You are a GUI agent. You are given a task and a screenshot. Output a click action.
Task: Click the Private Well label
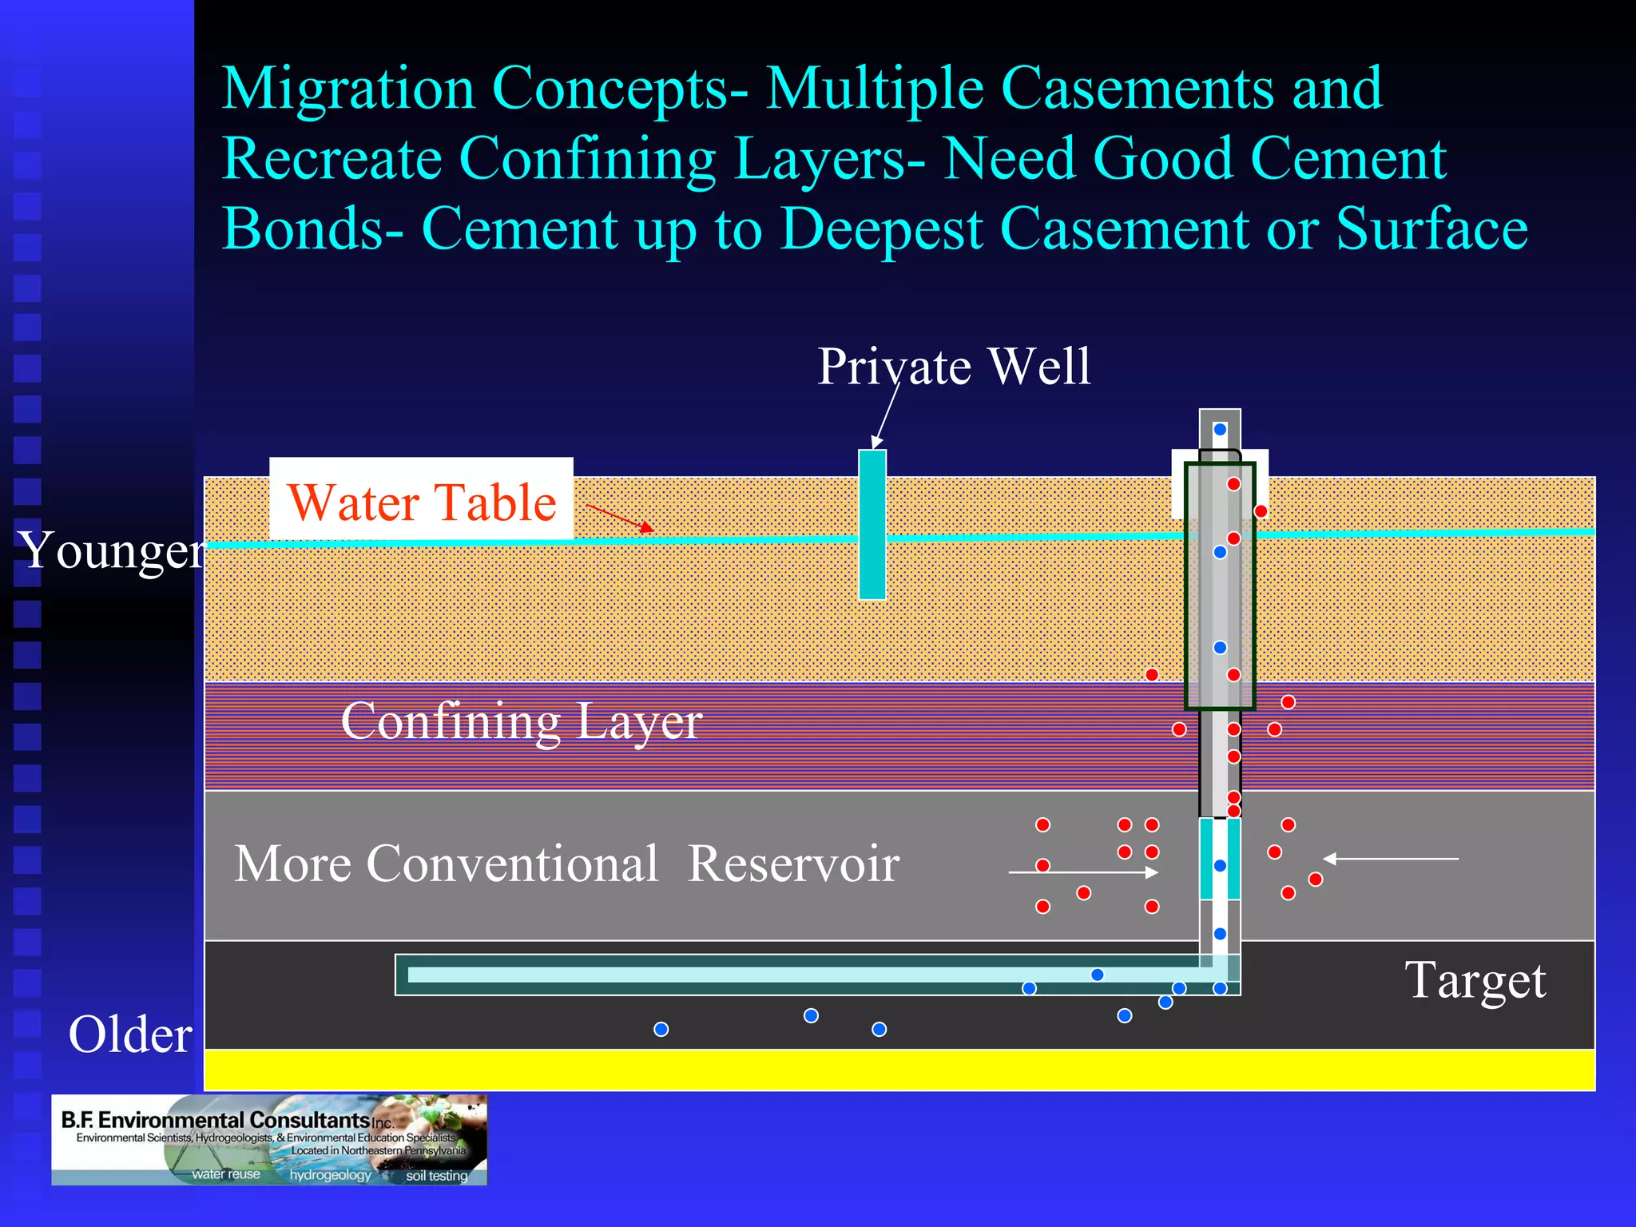(x=954, y=367)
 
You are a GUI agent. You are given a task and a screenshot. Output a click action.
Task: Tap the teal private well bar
(x=872, y=524)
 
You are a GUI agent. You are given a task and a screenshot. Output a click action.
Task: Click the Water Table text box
(x=421, y=501)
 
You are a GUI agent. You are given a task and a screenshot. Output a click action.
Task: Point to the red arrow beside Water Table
(x=620, y=518)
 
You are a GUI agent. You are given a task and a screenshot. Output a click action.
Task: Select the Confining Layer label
(x=521, y=721)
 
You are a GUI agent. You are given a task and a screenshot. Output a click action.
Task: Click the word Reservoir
(x=792, y=864)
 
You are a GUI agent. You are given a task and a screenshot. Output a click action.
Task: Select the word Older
(x=130, y=1034)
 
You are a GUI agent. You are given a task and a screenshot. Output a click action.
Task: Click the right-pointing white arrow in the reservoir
(x=1083, y=872)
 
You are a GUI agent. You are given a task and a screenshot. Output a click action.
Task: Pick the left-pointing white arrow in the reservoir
(x=1390, y=859)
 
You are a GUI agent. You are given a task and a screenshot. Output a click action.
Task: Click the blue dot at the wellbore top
(x=1220, y=430)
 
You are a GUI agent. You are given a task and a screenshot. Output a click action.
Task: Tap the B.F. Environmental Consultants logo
(x=269, y=1140)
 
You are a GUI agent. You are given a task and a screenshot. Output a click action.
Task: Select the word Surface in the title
(x=1431, y=229)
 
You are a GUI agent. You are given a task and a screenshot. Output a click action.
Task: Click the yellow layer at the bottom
(x=899, y=1070)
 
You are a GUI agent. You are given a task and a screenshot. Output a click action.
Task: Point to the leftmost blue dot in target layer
(x=661, y=1030)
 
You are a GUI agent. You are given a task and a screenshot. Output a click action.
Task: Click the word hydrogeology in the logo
(x=330, y=1175)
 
